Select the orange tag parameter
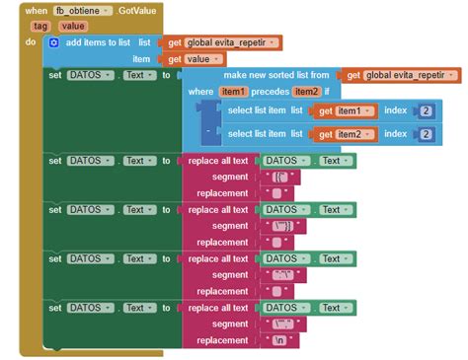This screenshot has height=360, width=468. pyautogui.click(x=40, y=27)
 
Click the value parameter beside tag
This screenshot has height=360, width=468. pyautogui.click(x=72, y=27)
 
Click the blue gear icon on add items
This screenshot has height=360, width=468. pyautogui.click(x=53, y=43)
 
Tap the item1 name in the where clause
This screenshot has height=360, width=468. pyautogui.click(x=233, y=92)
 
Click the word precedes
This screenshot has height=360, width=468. pyautogui.click(x=270, y=92)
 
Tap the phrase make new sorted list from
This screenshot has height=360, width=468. pyautogui.click(x=276, y=75)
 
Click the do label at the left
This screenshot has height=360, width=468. pyautogui.click(x=31, y=43)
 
